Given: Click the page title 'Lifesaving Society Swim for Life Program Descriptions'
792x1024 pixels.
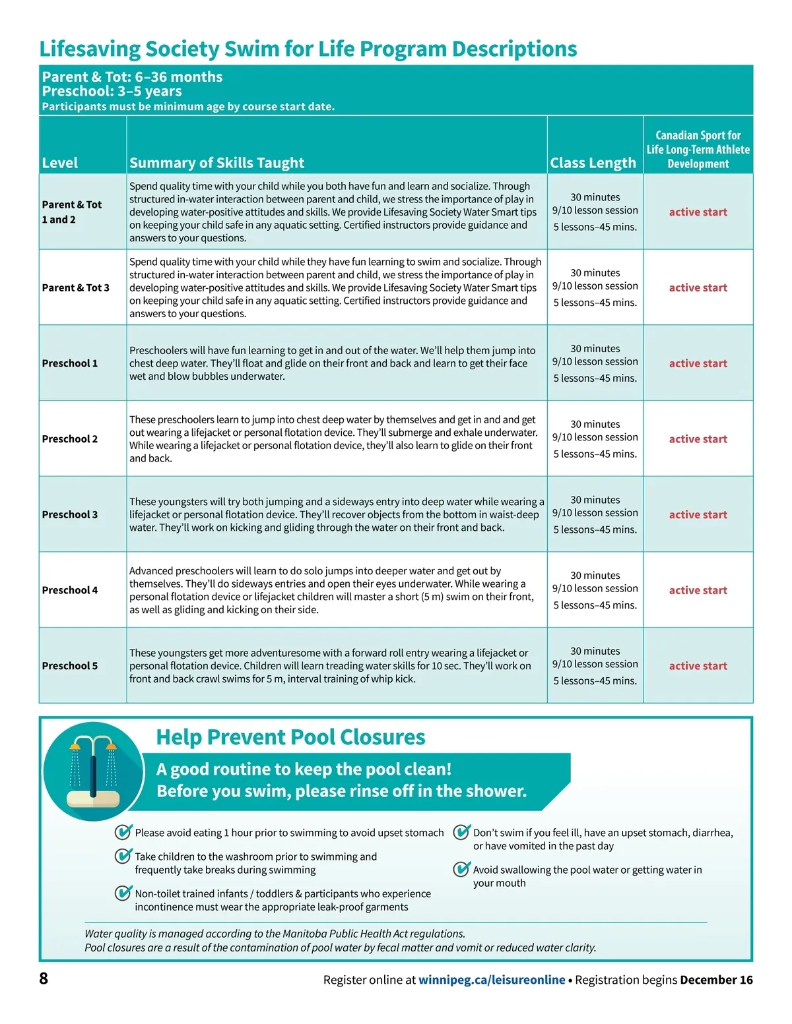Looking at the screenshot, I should tap(308, 49).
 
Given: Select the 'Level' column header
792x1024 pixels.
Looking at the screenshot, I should tap(60, 163).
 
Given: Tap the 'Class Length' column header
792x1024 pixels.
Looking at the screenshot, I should tap(593, 163).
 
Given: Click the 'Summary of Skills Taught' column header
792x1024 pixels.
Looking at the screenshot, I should tap(216, 163).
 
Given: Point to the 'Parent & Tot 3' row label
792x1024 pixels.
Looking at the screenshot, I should tap(75, 287).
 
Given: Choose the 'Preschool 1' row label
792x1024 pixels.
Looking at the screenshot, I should tap(70, 363).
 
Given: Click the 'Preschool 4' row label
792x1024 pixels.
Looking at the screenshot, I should tap(70, 590).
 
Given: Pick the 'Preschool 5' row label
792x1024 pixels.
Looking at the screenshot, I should tap(70, 666).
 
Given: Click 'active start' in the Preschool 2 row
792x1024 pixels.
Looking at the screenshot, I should tap(698, 439).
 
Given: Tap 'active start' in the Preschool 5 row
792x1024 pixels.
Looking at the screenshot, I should tap(698, 666).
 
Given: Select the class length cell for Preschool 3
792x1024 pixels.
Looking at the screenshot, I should tap(595, 514).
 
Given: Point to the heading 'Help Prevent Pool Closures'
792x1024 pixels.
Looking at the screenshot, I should tap(290, 737).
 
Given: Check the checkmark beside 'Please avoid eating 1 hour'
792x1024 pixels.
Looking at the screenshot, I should tap(123, 832).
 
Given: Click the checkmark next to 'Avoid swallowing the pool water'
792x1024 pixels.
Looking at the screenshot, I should tap(462, 869).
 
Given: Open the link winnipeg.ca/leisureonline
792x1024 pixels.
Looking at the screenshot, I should tap(492, 980).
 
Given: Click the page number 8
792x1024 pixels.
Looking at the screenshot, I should tap(44, 979).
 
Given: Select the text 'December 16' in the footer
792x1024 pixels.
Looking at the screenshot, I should tap(716, 980).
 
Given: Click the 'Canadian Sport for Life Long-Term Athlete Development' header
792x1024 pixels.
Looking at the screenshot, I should tap(698, 150).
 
